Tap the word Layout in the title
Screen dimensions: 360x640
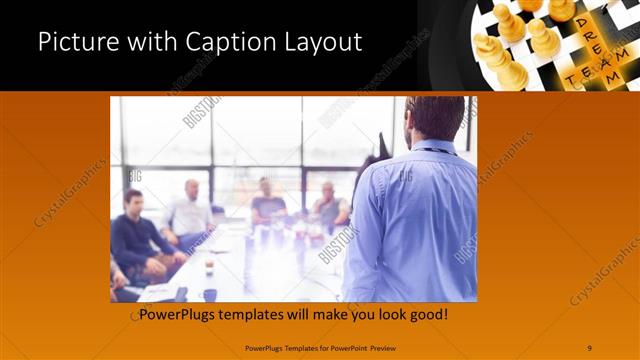tap(321, 42)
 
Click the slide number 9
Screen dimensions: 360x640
tap(589, 347)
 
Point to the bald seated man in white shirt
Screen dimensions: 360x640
tap(189, 212)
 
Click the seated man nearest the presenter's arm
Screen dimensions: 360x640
tap(329, 206)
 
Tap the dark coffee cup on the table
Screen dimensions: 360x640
tap(210, 293)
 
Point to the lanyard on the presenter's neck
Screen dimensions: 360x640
tap(432, 150)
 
